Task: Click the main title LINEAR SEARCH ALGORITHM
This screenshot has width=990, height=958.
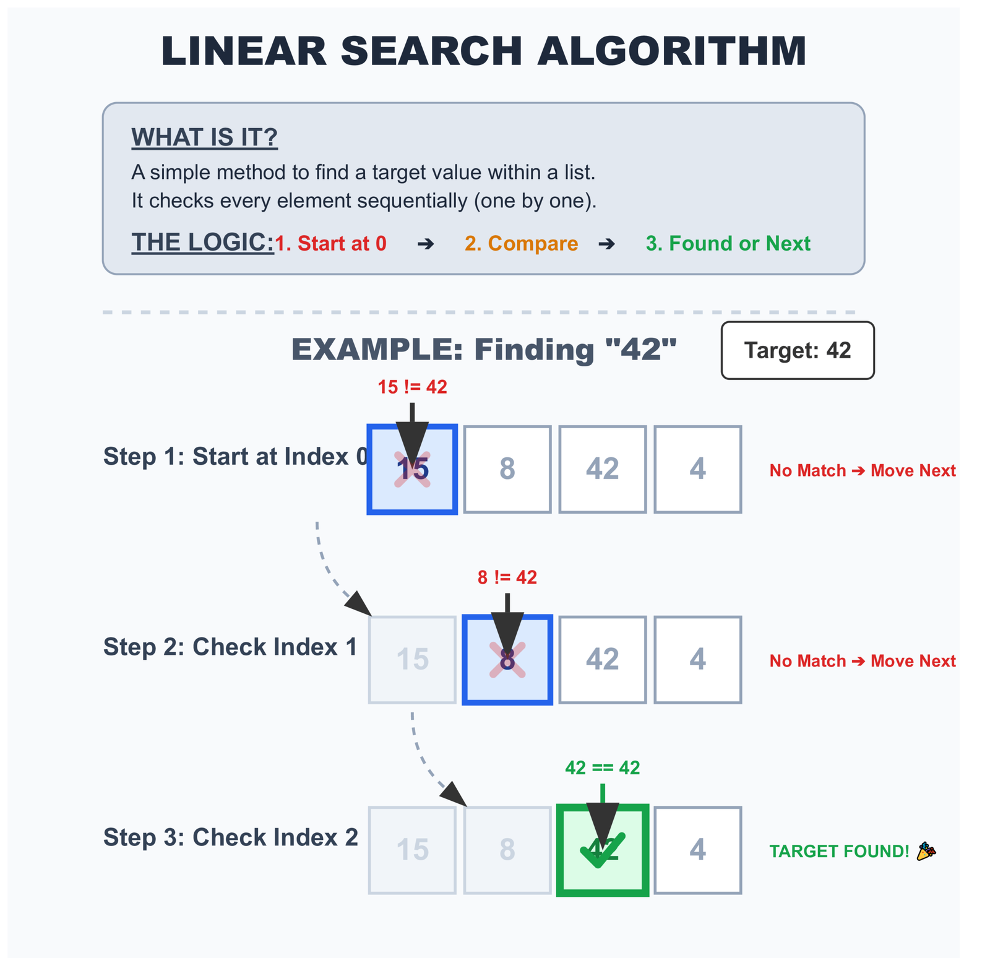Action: click(484, 51)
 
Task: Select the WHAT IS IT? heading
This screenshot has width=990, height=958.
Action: click(204, 137)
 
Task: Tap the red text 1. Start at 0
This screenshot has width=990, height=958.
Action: click(330, 243)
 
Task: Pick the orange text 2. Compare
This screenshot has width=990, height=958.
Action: click(521, 243)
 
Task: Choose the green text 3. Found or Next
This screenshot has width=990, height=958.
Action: click(728, 243)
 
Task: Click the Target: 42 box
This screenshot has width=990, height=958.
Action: click(797, 350)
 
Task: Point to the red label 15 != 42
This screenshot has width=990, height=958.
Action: click(412, 387)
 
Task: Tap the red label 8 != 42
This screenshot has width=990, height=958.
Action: click(507, 577)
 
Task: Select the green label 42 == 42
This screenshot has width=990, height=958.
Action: click(603, 768)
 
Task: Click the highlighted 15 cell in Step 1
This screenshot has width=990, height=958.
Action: click(412, 470)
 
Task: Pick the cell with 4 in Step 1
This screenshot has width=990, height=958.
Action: click(697, 470)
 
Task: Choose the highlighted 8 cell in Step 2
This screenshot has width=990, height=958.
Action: click(507, 660)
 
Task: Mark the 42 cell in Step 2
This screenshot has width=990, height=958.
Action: click(602, 660)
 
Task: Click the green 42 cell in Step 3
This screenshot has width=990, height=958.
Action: click(603, 850)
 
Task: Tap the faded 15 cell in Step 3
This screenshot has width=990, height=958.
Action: click(412, 850)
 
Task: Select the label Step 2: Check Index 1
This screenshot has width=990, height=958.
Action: click(230, 647)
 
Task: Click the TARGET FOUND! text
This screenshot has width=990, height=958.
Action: click(839, 852)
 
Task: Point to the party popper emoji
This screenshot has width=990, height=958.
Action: click(926, 852)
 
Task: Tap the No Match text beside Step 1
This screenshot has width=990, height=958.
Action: click(807, 471)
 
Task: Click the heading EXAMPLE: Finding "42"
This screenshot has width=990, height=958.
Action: click(484, 350)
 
